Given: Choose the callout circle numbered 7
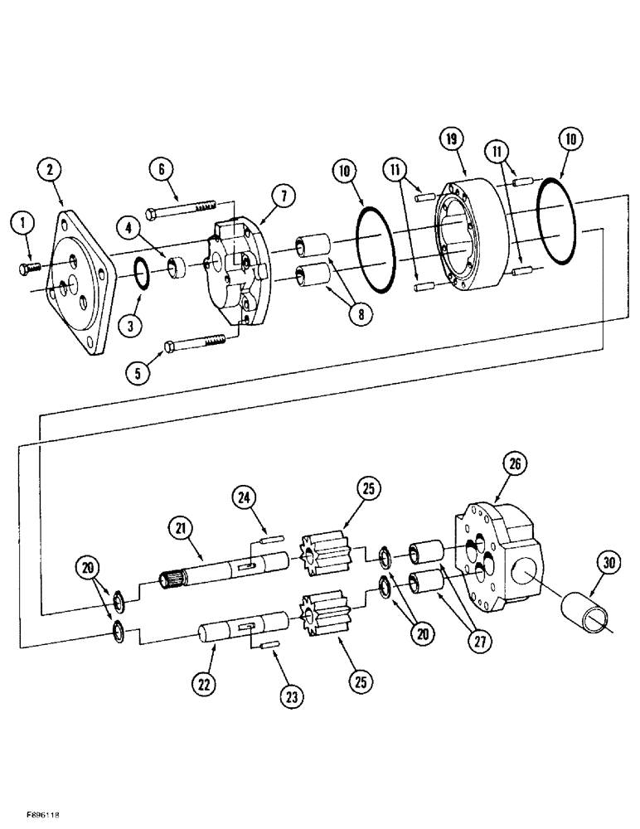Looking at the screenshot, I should (283, 196).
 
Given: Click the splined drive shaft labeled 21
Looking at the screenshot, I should (224, 568).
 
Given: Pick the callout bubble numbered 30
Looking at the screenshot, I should (610, 563).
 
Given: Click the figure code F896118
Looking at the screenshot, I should (33, 816).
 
